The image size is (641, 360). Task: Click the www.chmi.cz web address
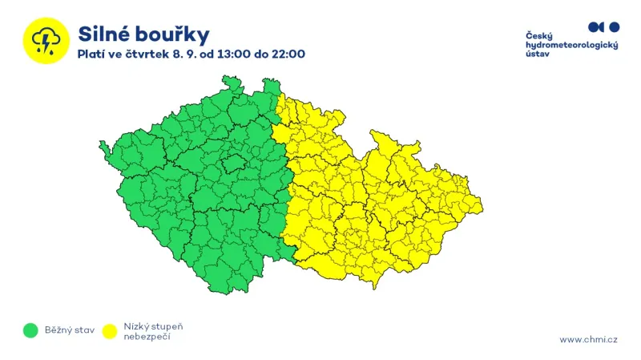pos(588,339)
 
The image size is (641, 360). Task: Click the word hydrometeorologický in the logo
pos(571,46)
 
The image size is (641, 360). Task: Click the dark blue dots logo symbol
pos(603,26)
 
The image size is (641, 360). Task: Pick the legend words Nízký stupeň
pos(154,326)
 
